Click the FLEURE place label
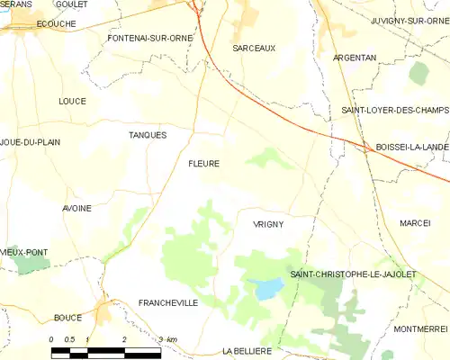203,164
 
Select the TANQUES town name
148,135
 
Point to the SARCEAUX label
254,47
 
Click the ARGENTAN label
355,58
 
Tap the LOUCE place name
71,101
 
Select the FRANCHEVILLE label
168,303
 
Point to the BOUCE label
67,317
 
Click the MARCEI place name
416,222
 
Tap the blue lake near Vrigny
266,288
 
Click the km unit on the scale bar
172,339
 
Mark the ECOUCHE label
31,24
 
